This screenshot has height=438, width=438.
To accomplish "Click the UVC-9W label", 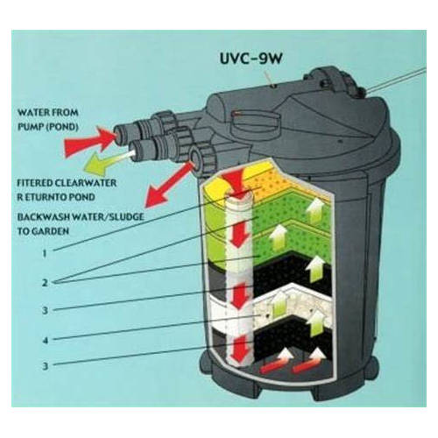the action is pos(251,59).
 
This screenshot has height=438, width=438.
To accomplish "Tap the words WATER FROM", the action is pos(48,112).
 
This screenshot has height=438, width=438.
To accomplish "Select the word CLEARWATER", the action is pos(86,183).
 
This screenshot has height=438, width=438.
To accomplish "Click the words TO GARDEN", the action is pos(43,231).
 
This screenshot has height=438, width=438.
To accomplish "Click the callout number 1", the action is pos(45,253).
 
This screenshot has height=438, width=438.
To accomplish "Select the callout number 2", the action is pos(45,283).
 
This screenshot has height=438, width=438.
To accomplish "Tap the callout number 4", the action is pos(45,340).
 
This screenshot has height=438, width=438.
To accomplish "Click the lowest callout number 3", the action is pos(45,365).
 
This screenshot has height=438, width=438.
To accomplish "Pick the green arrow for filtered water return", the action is pos(108,162).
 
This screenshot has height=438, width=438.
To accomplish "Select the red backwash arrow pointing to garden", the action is pos(169,185).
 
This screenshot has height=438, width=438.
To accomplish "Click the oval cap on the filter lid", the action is pos(255,119).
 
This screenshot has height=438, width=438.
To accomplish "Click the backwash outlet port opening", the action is pos(195,158).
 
